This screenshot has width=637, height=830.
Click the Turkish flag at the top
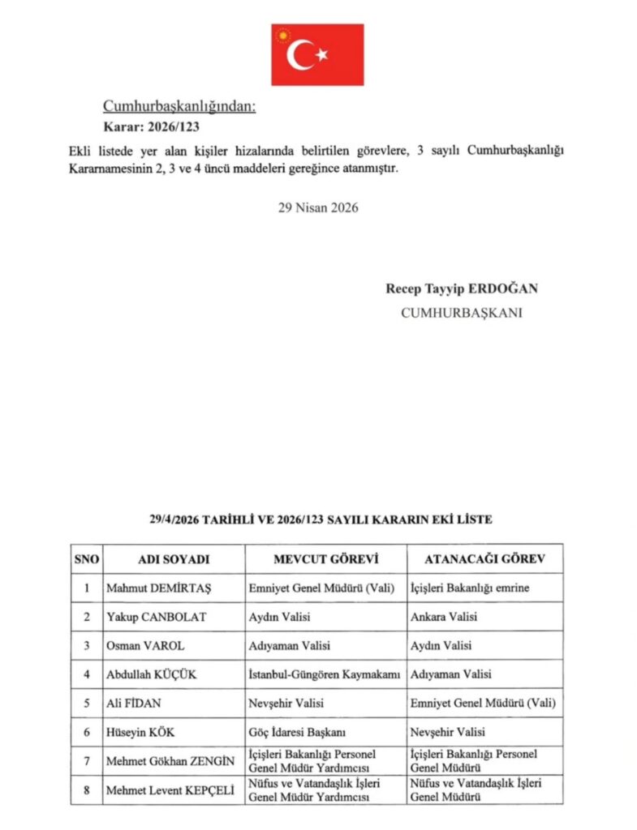coord(317,54)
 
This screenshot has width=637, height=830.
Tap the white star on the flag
coord(321,55)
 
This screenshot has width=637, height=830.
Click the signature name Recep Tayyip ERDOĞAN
coord(462,289)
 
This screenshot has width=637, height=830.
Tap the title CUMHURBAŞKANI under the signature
coord(462,312)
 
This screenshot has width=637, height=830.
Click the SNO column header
coord(85,559)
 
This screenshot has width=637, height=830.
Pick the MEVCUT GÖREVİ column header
coord(325,559)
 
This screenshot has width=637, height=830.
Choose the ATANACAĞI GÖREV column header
coord(485,559)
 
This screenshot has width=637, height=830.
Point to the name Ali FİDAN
coord(134,704)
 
